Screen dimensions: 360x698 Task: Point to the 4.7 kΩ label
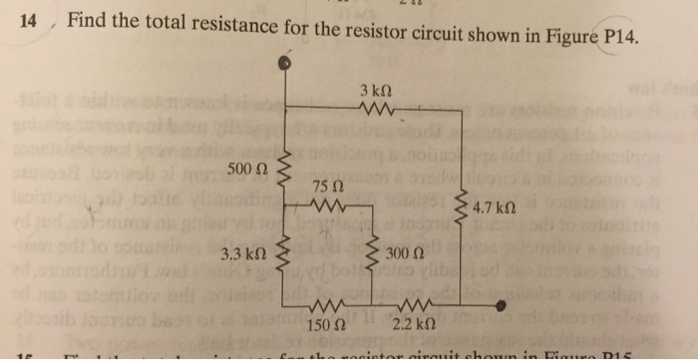coord(495,209)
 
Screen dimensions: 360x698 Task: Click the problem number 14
coord(29,18)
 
